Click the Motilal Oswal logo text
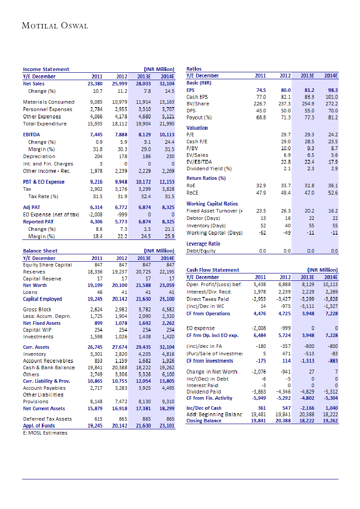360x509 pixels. coord(55,26)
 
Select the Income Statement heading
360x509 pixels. coord(46,69)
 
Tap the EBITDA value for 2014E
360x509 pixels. coord(167,135)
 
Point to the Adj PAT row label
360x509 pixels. coord(32,208)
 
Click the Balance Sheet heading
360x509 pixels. coord(40,251)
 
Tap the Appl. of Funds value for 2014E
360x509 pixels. coord(167,426)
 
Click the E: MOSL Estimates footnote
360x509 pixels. coord(45,432)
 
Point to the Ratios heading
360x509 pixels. coord(194,69)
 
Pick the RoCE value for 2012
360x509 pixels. coord(285,192)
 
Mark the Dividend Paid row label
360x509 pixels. coord(204,392)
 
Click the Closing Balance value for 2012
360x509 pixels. coord(283,421)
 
